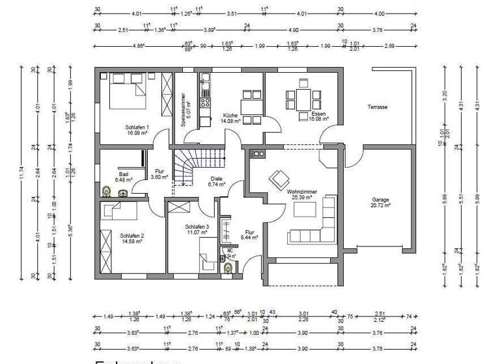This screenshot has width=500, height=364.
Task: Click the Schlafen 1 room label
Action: tap(137, 127)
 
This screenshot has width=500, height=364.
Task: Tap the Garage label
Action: tap(381, 200)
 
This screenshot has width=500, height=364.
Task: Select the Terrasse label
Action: tap(377, 106)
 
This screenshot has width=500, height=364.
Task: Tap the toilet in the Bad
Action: tap(107, 192)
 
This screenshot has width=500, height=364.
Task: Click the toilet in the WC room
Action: tap(228, 266)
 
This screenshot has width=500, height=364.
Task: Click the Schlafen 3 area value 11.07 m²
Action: tap(198, 232)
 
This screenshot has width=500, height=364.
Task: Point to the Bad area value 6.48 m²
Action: tap(123, 179)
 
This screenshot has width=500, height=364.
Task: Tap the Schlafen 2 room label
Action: tap(132, 236)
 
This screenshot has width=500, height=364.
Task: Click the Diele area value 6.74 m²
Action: tap(215, 185)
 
